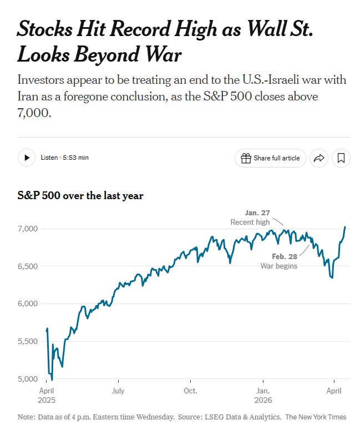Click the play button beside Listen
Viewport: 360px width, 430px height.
pyautogui.click(x=27, y=158)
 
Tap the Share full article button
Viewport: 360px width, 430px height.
pyautogui.click(x=270, y=158)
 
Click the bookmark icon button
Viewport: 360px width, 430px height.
pyautogui.click(x=341, y=158)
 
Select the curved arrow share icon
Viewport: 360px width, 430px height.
pyautogui.click(x=318, y=158)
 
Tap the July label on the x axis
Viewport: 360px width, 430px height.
pyautogui.click(x=118, y=391)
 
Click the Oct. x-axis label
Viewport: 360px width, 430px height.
pyautogui.click(x=190, y=391)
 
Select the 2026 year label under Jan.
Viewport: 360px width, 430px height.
pyautogui.click(x=262, y=399)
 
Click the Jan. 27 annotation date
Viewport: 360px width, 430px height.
pyautogui.click(x=257, y=213)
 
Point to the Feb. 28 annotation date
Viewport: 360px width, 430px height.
pyautogui.click(x=285, y=256)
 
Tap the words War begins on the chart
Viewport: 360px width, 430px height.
pyautogui.click(x=279, y=266)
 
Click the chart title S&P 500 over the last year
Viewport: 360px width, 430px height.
pyautogui.click(x=80, y=195)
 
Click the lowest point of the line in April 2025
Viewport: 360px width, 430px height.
pyautogui.click(x=52, y=380)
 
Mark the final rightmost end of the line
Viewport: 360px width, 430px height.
pyautogui.click(x=345, y=226)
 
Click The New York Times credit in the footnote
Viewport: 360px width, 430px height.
pyautogui.click(x=316, y=417)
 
